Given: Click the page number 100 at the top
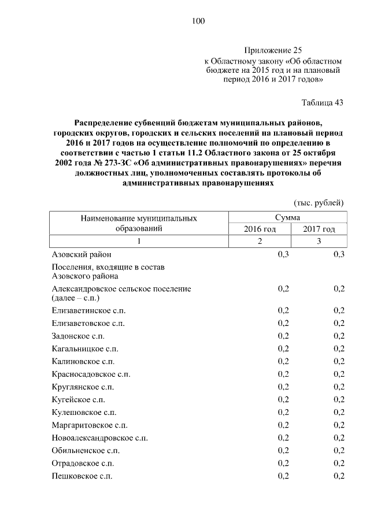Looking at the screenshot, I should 198,21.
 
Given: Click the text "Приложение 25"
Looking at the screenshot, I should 273,50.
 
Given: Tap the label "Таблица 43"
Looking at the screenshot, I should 323,103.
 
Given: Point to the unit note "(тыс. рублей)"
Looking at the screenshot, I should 319,203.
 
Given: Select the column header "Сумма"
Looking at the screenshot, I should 287,218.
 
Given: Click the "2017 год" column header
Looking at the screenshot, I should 319,229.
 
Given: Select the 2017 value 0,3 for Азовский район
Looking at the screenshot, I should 339,254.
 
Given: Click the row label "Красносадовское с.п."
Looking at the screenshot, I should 91,374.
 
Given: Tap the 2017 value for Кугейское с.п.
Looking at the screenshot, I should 339,399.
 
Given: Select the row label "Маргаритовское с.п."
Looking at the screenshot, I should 90,425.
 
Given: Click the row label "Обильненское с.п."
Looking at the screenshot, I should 86,450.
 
